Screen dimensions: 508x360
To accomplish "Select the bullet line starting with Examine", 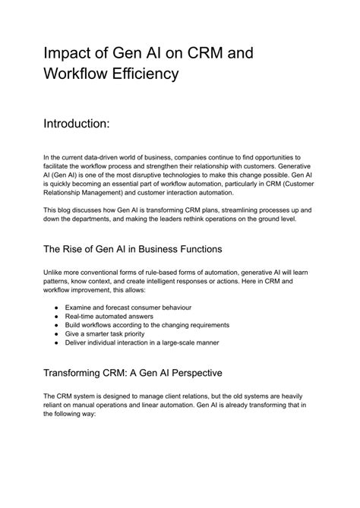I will click(x=128, y=307).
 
